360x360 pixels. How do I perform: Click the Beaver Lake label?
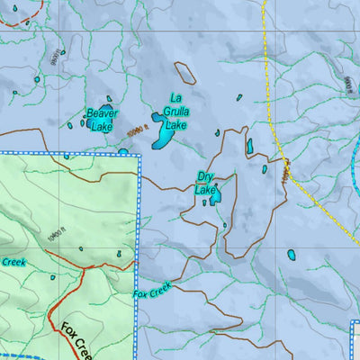point(102,120)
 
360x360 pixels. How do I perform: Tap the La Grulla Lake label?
point(175,112)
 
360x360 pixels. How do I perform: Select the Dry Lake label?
point(206,184)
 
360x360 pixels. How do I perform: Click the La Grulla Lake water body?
point(163,131)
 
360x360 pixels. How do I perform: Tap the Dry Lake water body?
point(216,193)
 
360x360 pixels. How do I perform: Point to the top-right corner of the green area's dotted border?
point(140,156)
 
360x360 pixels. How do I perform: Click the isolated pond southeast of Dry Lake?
point(291,255)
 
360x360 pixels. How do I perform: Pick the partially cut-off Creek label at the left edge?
point(11,262)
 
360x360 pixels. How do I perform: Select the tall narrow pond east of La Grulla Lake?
point(249,146)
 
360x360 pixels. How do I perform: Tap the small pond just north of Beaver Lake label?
point(109,100)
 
